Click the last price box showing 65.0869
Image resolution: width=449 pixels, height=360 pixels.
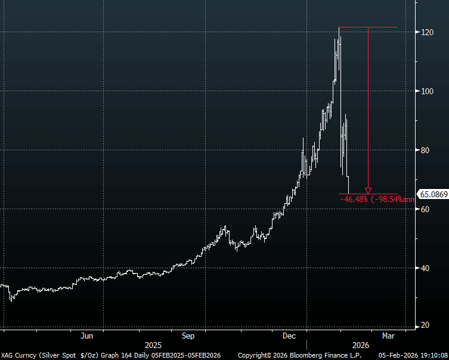(433, 194)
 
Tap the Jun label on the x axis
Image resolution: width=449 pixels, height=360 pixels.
(87, 336)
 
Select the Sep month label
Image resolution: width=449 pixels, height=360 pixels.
(188, 336)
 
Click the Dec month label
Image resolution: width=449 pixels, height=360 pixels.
(289, 336)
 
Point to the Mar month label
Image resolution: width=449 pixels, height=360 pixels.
(388, 336)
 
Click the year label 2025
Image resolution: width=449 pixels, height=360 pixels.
(154, 345)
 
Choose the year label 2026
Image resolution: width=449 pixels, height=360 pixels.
(360, 345)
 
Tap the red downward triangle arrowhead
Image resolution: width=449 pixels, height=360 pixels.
(368, 191)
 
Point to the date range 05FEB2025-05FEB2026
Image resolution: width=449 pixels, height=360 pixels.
(186, 355)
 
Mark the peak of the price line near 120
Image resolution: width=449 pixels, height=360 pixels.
(339, 27)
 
